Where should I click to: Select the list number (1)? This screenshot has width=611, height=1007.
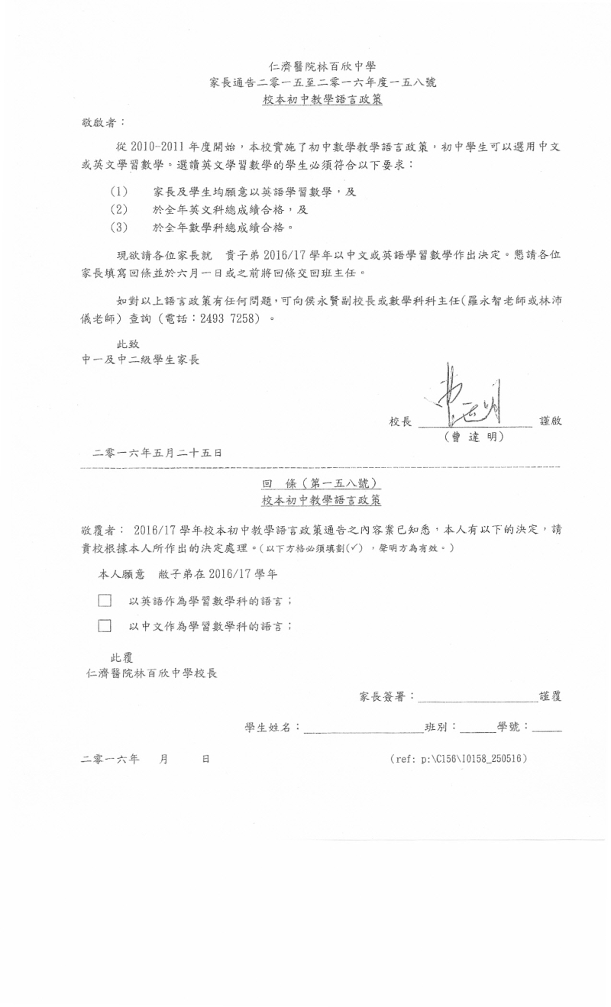[x=118, y=192]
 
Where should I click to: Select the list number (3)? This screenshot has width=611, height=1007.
[x=118, y=227]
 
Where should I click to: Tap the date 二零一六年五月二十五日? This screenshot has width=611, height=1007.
[x=157, y=453]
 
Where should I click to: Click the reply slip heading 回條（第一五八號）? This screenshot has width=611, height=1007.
[x=322, y=484]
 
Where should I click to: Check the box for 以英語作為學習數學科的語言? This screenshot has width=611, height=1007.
[x=105, y=602]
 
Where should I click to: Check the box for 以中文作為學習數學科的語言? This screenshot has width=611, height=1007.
[x=105, y=627]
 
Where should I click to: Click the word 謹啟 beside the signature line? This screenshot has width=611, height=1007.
[x=550, y=421]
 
